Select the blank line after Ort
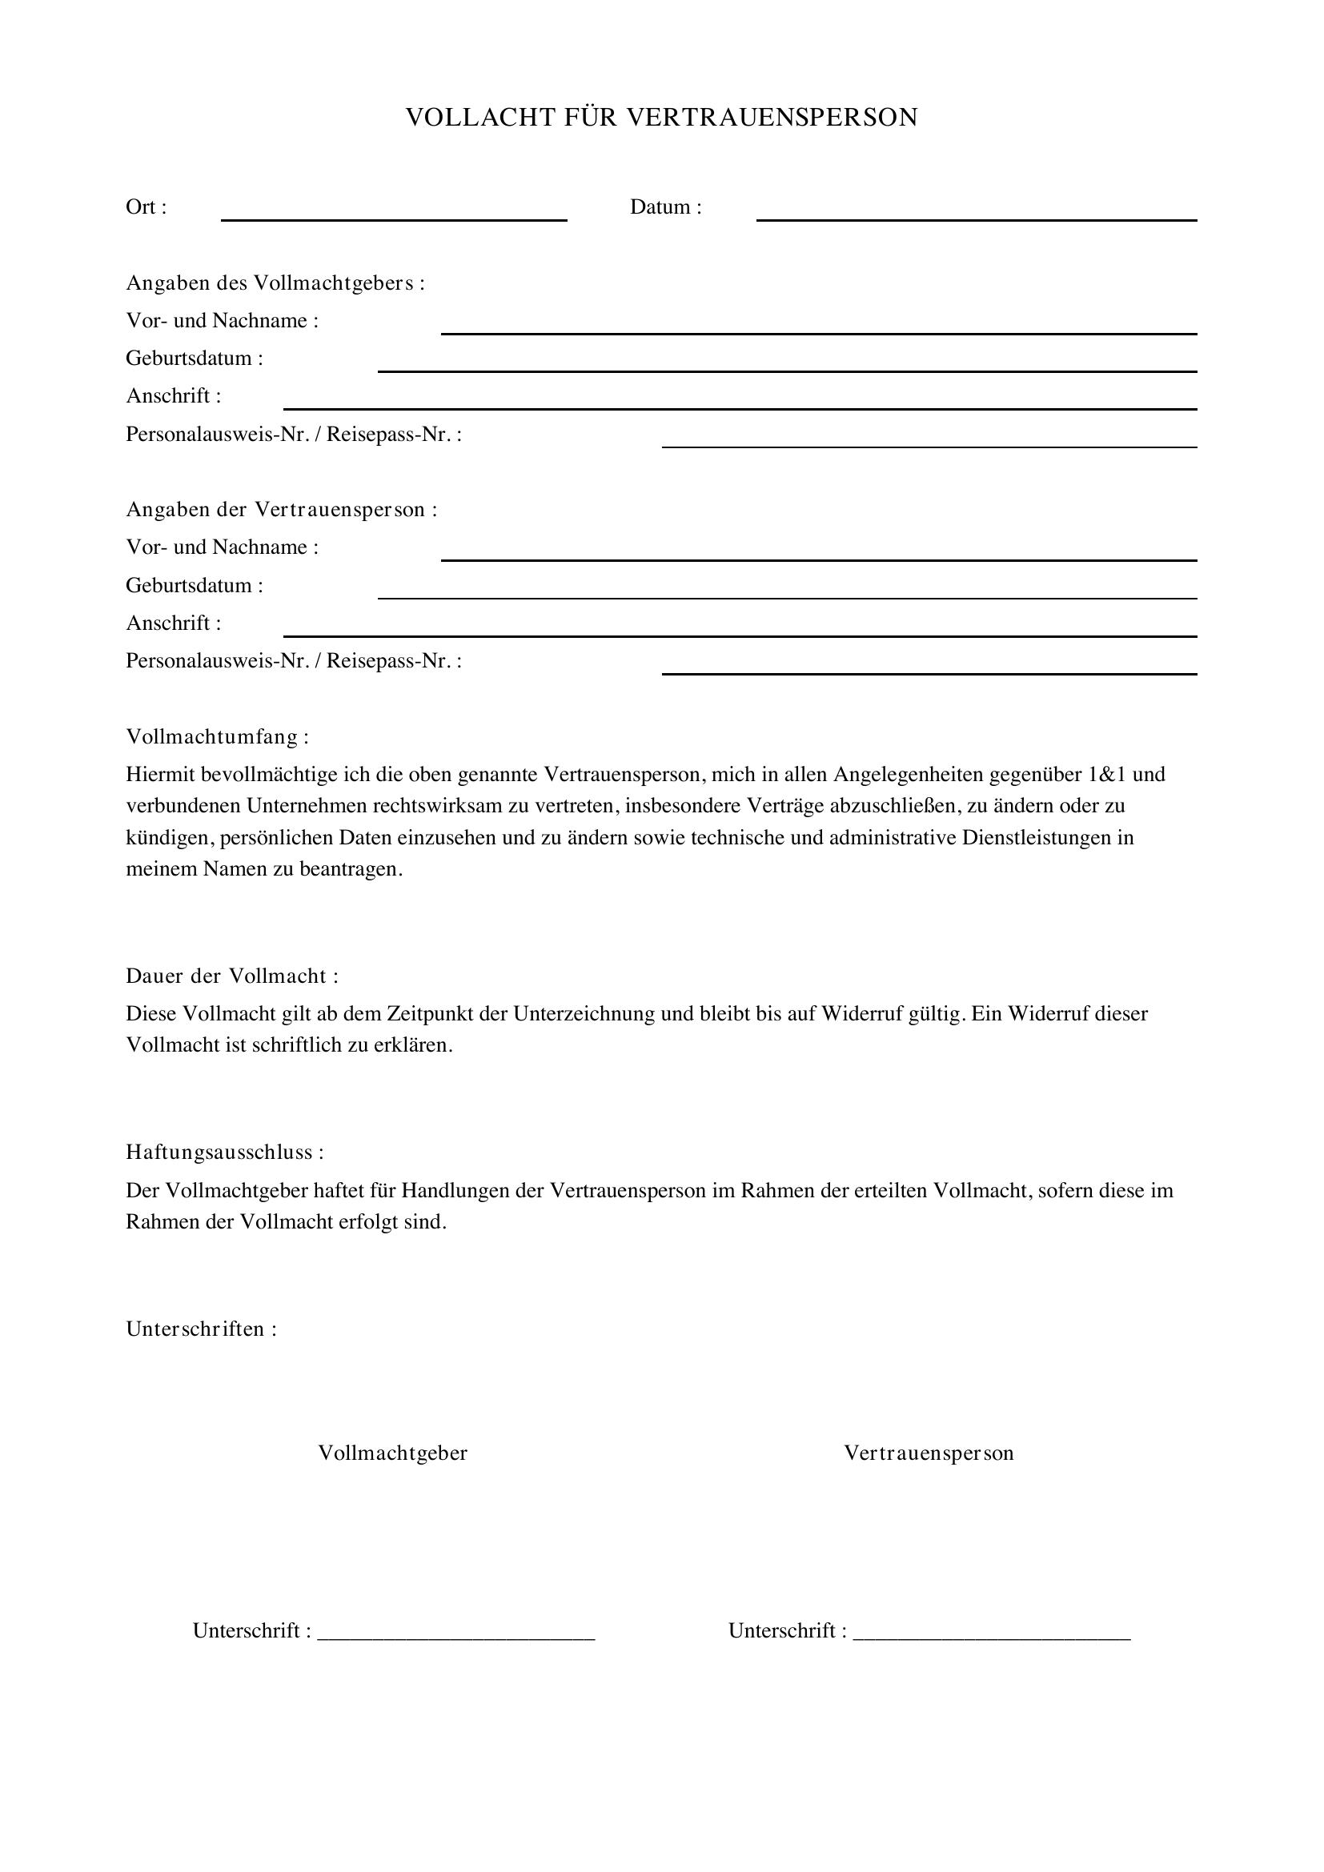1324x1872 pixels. [394, 217]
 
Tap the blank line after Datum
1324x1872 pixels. [976, 217]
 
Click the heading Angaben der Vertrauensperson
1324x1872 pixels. [281, 510]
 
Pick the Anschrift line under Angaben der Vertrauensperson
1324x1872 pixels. [740, 634]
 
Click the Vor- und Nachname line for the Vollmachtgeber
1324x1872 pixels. [819, 331]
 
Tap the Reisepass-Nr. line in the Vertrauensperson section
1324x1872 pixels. [929, 671]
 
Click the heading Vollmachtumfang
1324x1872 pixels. [217, 737]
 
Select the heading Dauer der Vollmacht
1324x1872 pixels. [231, 976]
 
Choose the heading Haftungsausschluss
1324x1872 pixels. [224, 1152]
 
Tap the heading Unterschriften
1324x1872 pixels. [202, 1329]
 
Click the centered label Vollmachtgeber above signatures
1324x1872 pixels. [393, 1453]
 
